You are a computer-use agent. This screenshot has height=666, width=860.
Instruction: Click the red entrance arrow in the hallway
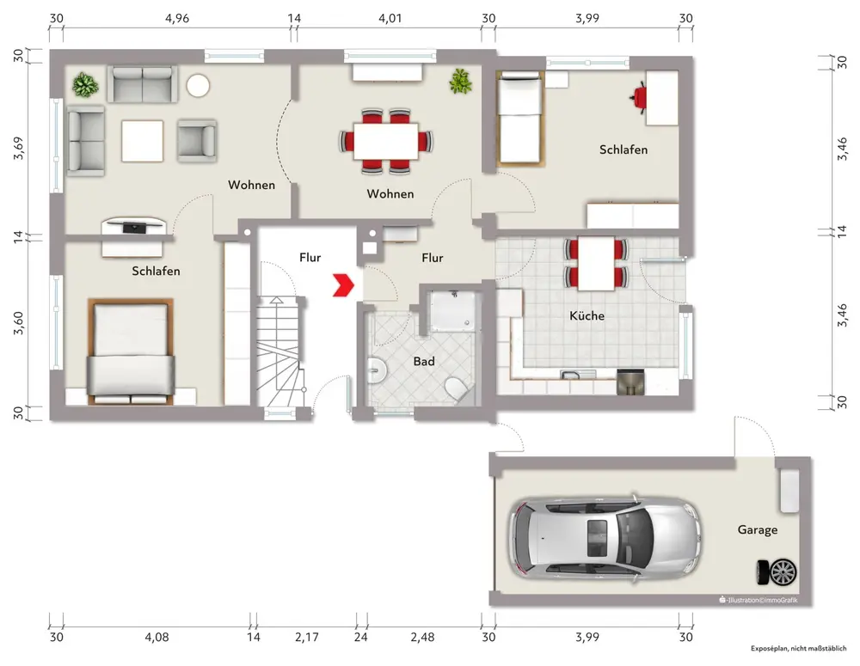343,285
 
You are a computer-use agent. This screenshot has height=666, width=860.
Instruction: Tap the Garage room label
757,529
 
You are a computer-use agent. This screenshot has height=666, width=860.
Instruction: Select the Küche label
587,315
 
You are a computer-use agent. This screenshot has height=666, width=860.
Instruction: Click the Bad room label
424,361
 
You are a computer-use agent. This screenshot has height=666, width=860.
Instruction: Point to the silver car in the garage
605,537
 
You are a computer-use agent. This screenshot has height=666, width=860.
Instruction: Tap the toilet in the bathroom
457,388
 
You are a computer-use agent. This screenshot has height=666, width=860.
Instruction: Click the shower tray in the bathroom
452,311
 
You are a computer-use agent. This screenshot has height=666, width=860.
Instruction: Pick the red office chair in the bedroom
638,98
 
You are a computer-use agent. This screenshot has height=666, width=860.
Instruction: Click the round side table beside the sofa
198,86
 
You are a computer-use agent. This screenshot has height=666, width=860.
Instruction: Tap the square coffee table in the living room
142,141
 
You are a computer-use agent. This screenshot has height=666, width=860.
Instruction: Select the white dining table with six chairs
385,142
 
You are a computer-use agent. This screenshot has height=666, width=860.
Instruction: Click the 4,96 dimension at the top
177,18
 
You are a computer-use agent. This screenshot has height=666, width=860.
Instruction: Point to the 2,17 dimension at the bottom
307,637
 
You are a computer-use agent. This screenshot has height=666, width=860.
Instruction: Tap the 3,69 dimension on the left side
19,148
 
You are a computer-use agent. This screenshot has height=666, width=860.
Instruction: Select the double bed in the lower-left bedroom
131,351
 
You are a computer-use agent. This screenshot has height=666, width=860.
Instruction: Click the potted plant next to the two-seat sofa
85,85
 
